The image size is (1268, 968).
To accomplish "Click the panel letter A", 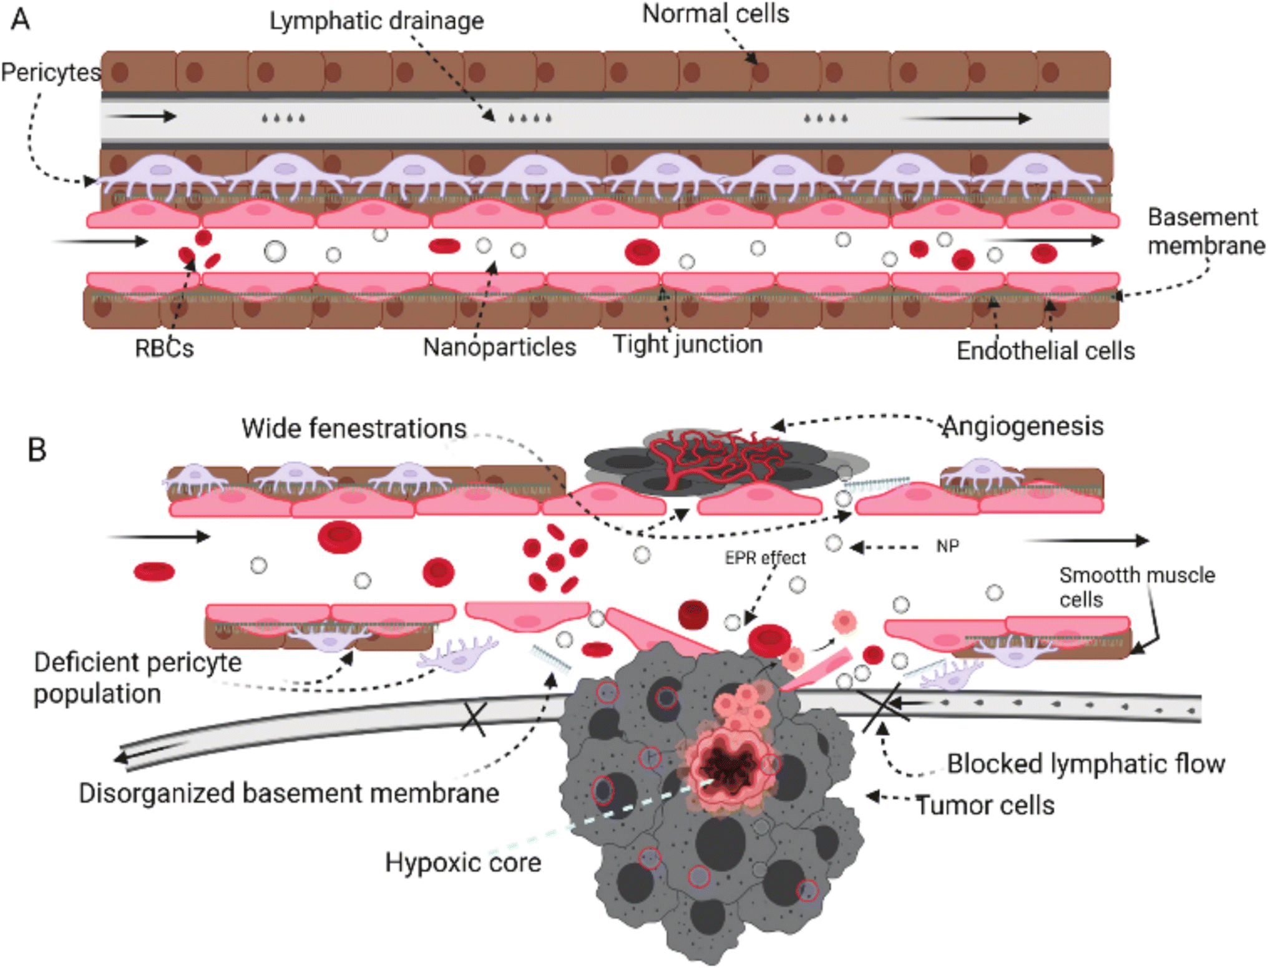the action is [x=20, y=19].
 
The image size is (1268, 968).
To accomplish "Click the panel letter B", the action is [x=37, y=449].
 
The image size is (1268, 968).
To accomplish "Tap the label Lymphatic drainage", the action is [x=376, y=21].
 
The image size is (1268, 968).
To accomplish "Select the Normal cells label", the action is [x=716, y=14].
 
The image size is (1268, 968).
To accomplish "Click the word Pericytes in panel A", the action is [x=51, y=72].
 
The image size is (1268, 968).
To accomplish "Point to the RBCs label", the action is [x=164, y=348].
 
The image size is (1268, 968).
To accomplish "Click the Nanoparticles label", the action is [x=499, y=347].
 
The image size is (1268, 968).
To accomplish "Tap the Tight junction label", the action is [x=688, y=345].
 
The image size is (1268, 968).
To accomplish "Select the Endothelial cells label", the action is [x=1046, y=351].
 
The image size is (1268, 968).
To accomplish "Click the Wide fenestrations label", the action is [x=354, y=429].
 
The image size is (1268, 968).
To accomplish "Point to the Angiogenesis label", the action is [x=1023, y=427].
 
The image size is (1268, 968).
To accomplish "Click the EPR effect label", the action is [x=765, y=558].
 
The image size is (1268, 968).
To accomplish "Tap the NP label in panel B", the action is [x=947, y=547].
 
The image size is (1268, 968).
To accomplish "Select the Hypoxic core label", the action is [x=463, y=863].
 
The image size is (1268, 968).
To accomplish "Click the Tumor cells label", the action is [x=985, y=806].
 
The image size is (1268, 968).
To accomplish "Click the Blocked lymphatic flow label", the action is [x=1086, y=764].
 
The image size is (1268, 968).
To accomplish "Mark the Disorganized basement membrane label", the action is [x=289, y=793].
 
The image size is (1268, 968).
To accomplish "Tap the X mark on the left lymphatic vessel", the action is [x=474, y=719].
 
